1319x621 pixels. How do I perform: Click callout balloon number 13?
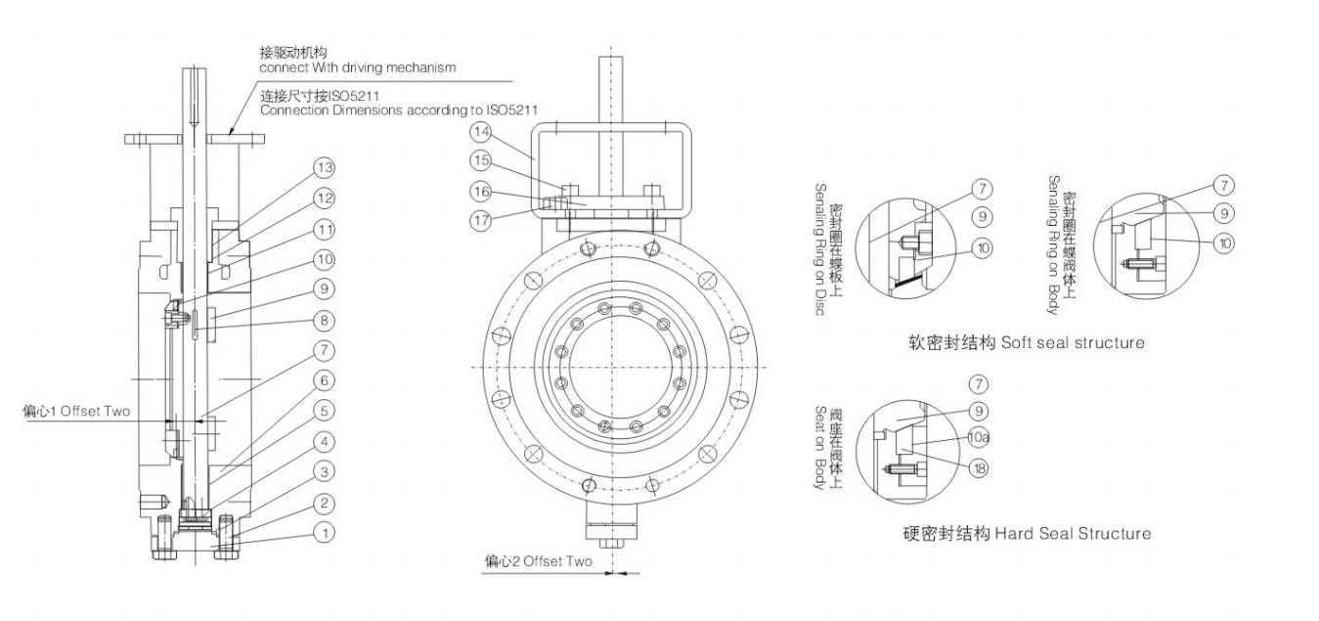pyautogui.click(x=325, y=167)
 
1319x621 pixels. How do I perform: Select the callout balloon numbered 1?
pyautogui.click(x=325, y=533)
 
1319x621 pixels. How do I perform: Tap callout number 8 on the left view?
pyautogui.click(x=325, y=320)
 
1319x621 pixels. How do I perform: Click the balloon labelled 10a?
pyautogui.click(x=979, y=439)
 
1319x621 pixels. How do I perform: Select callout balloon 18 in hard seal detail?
pyautogui.click(x=979, y=468)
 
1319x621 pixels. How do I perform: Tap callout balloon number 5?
pyautogui.click(x=325, y=412)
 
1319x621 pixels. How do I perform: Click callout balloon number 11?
pyautogui.click(x=325, y=229)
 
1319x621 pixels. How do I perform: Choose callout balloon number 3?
pyautogui.click(x=325, y=472)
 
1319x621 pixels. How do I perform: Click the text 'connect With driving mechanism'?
pyautogui.click(x=357, y=68)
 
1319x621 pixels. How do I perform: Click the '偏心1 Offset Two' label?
pyautogui.click(x=76, y=412)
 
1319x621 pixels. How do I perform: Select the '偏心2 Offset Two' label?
pyautogui.click(x=538, y=562)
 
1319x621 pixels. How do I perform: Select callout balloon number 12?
pyautogui.click(x=325, y=198)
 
